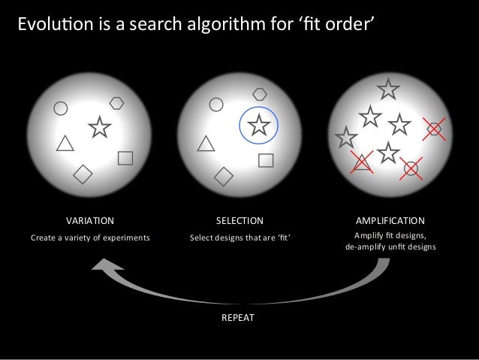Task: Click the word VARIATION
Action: pyautogui.click(x=90, y=221)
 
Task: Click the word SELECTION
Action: pyautogui.click(x=239, y=221)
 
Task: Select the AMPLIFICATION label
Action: pyautogui.click(x=390, y=221)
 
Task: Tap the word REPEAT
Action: pyautogui.click(x=238, y=318)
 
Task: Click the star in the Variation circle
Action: pyautogui.click(x=100, y=129)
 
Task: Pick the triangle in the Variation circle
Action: pyautogui.click(x=65, y=143)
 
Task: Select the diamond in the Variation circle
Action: pyautogui.click(x=82, y=174)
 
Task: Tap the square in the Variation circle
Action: pyautogui.click(x=125, y=158)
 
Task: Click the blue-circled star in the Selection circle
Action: pyautogui.click(x=259, y=125)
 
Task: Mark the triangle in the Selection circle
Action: pyautogui.click(x=204, y=143)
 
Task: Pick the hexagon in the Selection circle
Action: pyautogui.click(x=260, y=94)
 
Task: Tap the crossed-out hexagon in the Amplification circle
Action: pyautogui.click(x=433, y=129)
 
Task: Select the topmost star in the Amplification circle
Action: pyautogui.click(x=388, y=90)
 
